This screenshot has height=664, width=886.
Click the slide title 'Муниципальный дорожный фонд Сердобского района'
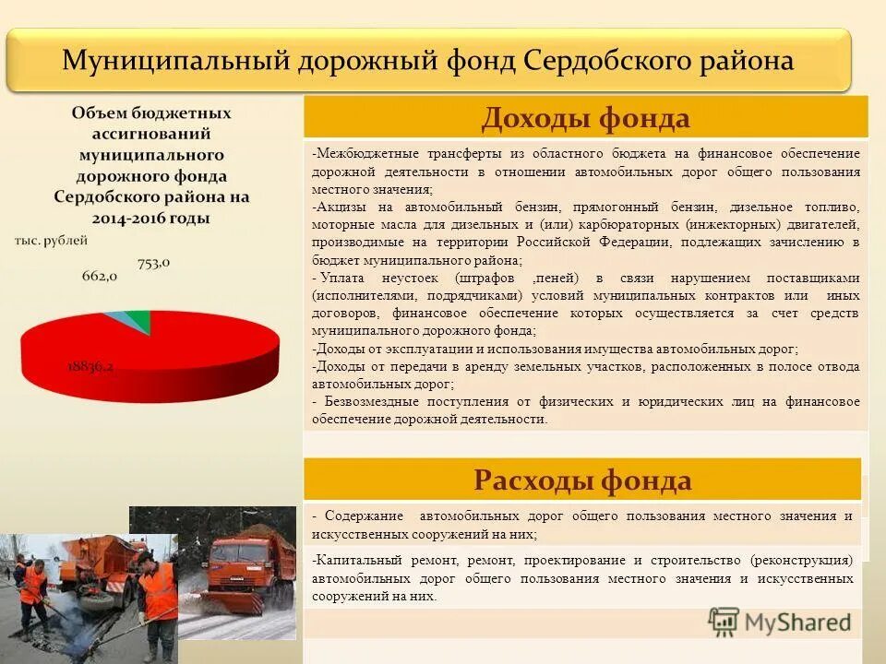pos(427,61)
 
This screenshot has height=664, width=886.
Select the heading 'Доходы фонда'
pos(585,118)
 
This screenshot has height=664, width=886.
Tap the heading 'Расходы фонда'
pos(582,480)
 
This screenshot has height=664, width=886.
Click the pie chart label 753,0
pos(154,263)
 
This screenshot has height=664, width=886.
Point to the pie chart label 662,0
pos(99,275)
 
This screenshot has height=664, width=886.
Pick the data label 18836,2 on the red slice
pos(90,365)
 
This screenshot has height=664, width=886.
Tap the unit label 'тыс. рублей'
pos(52,241)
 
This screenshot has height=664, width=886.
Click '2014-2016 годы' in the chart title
pos(150,219)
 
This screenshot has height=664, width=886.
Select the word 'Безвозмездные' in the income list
pos(366,401)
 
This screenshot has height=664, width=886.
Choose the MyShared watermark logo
pos(780,621)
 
